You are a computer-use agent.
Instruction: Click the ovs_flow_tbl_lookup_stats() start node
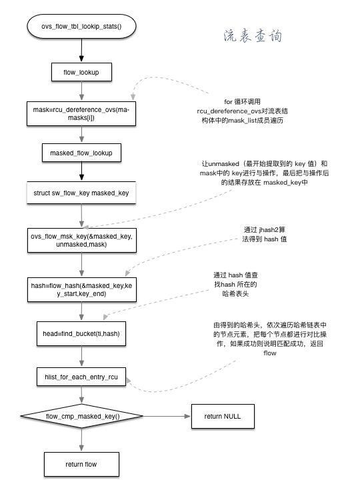point(81,26)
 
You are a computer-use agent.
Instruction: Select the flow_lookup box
point(81,71)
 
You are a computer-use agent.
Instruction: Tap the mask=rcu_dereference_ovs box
point(81,113)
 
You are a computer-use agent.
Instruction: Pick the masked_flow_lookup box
point(81,153)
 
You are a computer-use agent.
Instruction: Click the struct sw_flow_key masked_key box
point(81,193)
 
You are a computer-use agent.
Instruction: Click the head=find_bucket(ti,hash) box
point(81,333)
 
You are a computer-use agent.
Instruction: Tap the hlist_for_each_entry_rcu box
point(81,377)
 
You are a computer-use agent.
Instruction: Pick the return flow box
point(81,463)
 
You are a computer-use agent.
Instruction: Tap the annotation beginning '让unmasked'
point(264,172)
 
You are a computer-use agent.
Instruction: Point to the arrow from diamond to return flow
point(81,440)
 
